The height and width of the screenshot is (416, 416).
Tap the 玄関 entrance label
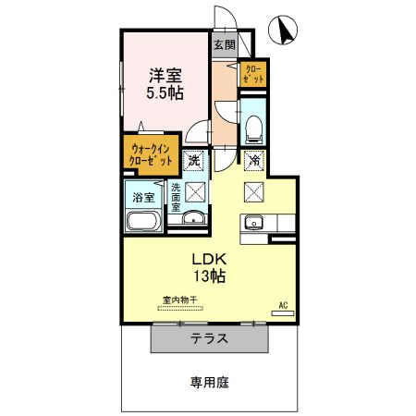pyautogui.click(x=224, y=44)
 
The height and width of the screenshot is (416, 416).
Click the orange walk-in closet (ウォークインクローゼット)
pyautogui.click(x=152, y=154)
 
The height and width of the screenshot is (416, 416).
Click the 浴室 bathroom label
pyautogui.click(x=143, y=197)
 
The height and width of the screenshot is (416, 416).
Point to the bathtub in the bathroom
pyautogui.click(x=143, y=222)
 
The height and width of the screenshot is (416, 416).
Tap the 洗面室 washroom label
pyautogui.click(x=175, y=198)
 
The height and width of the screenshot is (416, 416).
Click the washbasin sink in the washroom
pyautogui.click(x=193, y=219)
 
